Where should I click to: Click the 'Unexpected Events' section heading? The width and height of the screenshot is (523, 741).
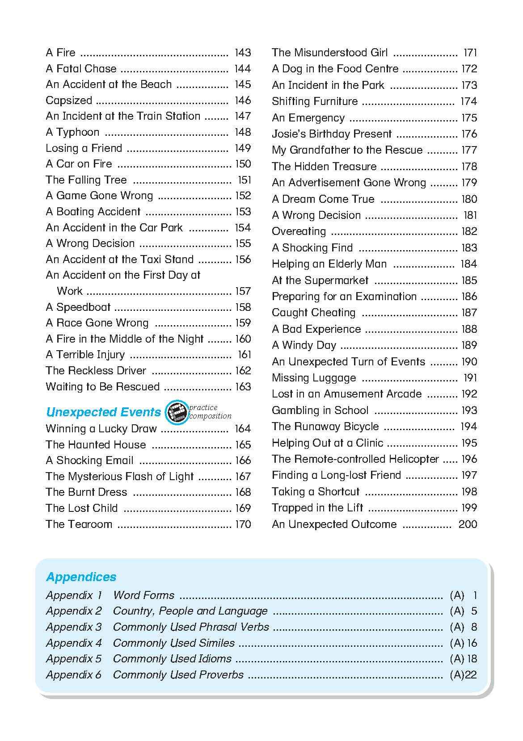pos(103,412)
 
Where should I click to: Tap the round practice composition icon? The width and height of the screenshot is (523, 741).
pos(176,412)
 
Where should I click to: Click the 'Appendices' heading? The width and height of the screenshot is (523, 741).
pos(81,577)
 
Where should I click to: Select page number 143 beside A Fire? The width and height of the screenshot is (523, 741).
pos(243,53)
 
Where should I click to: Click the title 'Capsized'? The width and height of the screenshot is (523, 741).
pos(69,100)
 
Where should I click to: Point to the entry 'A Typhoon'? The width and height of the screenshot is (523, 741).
pos(72,132)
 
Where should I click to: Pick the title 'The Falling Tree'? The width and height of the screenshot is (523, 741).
pos(86,180)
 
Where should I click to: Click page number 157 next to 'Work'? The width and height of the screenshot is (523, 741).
pos(243,291)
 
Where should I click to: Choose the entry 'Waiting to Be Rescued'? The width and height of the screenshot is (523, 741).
pos(102,387)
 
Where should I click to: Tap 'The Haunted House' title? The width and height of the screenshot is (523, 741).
pos(96,445)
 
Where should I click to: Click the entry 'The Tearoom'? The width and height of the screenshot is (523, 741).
pos(79,524)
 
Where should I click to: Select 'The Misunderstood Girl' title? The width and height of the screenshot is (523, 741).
pos(329,53)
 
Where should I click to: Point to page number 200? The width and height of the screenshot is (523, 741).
pos(468,524)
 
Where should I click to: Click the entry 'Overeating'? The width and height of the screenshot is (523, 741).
pos(299,231)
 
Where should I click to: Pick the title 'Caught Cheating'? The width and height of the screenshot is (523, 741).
pos(313,313)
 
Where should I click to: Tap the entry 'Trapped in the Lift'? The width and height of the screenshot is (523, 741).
pos(317,508)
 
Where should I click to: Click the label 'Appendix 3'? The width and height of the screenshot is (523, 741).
pos(74,627)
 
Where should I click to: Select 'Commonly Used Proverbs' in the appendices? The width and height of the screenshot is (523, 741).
pos(178,675)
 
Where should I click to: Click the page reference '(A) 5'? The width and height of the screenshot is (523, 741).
pos(464,611)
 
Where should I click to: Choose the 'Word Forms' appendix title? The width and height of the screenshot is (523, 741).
pos(143,595)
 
